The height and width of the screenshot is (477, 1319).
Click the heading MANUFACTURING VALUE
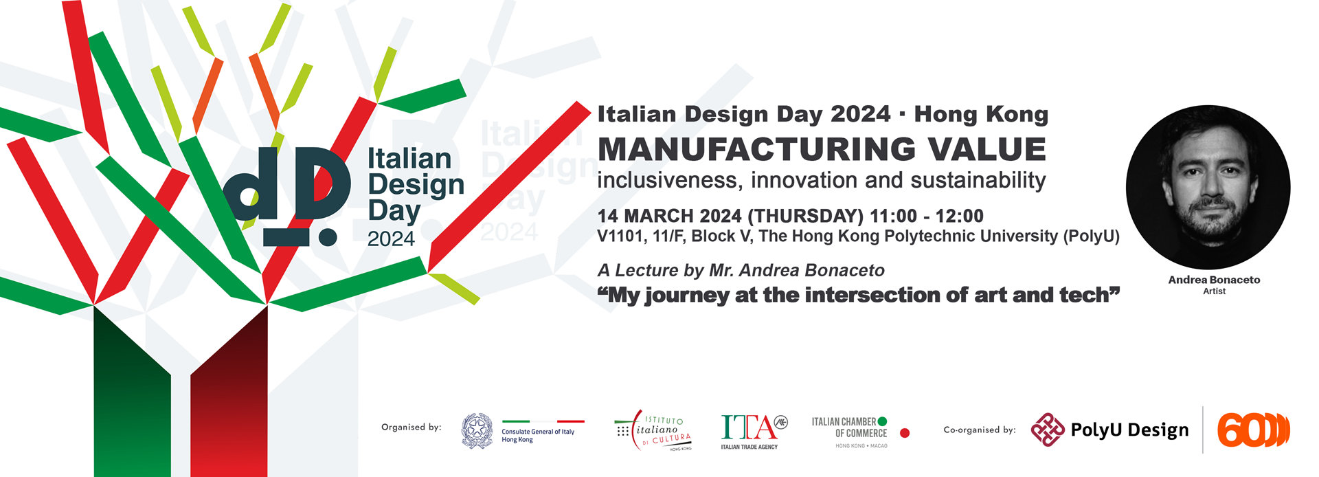[x=822, y=149]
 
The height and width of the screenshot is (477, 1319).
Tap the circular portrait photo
[x=1208, y=187]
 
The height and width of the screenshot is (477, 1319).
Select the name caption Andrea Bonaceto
[x=1214, y=280]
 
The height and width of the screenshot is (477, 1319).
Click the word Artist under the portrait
[x=1214, y=291]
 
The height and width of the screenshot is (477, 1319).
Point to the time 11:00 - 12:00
[x=927, y=216]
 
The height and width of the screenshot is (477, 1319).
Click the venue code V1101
[x=621, y=236]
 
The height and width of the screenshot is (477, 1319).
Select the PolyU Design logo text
[x=1129, y=430]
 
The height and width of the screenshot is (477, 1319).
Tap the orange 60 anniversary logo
[x=1254, y=430]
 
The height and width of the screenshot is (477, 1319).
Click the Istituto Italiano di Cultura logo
[x=653, y=431]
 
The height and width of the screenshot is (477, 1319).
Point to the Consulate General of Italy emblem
[x=477, y=431]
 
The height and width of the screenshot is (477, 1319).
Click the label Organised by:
[x=411, y=428]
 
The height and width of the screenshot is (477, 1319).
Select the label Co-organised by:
[x=980, y=430]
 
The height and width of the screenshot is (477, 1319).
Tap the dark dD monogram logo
[x=287, y=196]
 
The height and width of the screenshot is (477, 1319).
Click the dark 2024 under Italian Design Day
[x=391, y=239]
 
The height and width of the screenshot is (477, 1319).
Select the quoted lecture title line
[x=859, y=295]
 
